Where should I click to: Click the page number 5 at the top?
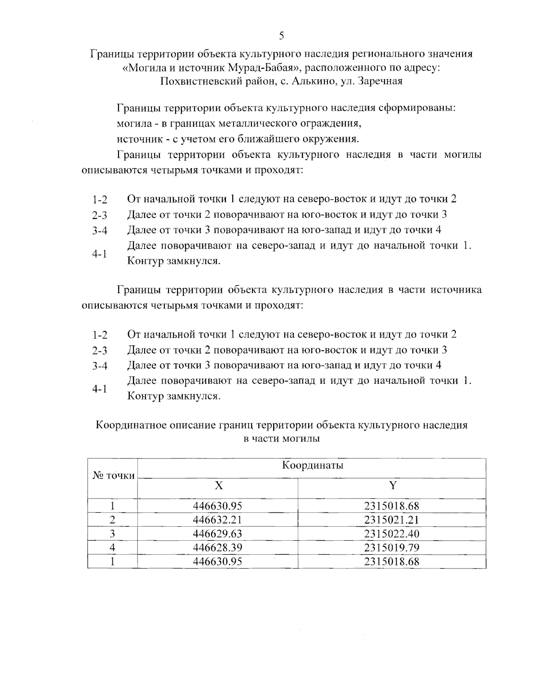281,36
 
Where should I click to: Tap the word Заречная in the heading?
380,81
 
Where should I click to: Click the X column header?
218,485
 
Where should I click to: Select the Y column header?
392,485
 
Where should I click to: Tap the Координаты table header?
312,465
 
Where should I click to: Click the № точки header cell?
113,475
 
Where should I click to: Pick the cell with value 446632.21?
217,520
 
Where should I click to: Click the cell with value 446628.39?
217,547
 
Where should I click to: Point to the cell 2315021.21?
392,520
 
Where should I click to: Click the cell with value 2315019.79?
392,547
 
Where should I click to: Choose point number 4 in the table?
113,547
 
